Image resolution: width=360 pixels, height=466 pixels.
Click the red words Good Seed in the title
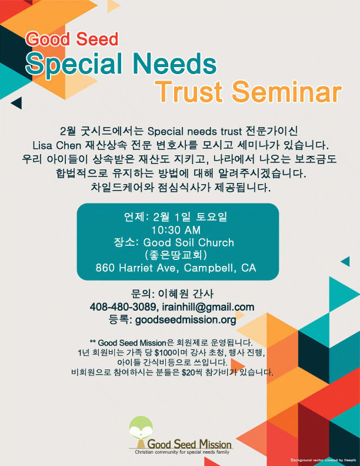click(72, 39)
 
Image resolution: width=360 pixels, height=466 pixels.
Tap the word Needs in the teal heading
click(175, 64)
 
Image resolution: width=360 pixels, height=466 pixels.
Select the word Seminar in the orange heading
click(286, 91)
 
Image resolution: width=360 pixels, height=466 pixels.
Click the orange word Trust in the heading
click(189, 91)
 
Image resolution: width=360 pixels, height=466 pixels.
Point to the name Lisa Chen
click(56, 145)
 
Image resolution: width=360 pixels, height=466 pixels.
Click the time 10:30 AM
click(176, 230)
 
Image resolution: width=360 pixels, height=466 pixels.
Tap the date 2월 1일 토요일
click(190, 217)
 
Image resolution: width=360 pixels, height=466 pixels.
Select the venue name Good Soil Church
click(189, 242)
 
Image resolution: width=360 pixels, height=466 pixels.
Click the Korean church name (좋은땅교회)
click(176, 255)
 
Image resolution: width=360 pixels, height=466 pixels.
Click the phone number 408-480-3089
click(123, 307)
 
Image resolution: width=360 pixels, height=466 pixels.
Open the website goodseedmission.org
click(186, 319)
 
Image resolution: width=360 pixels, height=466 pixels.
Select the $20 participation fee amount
click(188, 372)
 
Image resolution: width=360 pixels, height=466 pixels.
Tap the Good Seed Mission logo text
click(189, 444)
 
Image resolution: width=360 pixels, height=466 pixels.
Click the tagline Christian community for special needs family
click(182, 452)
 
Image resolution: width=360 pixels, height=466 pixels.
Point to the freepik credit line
click(324, 460)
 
